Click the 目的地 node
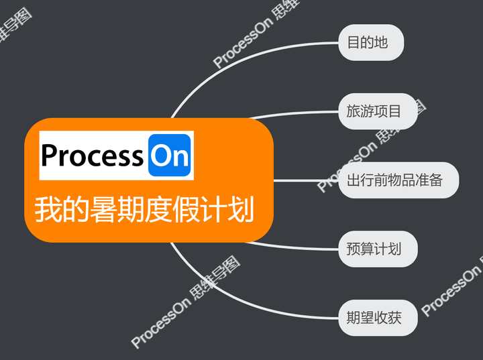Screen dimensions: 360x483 click(x=370, y=43)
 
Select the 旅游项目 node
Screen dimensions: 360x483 click(x=377, y=111)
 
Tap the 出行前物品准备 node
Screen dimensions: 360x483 click(x=398, y=180)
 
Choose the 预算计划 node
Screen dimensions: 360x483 click(x=378, y=249)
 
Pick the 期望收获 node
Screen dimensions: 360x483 click(x=378, y=318)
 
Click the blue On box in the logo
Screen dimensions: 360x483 click(x=170, y=156)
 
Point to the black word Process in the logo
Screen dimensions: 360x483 click(x=92, y=156)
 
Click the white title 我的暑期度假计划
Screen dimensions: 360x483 click(x=144, y=210)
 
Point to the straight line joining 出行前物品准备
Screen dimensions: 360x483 click(x=305, y=180)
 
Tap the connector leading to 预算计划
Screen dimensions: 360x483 click(x=295, y=245)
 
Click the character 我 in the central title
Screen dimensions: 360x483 click(x=48, y=210)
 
